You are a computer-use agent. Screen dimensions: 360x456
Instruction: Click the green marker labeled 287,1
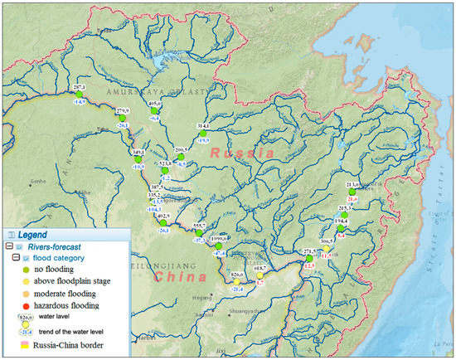[x=80, y=94]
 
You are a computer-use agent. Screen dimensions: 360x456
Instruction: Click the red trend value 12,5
[x=308, y=265]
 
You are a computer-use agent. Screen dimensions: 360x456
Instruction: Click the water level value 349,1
[x=139, y=153]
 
